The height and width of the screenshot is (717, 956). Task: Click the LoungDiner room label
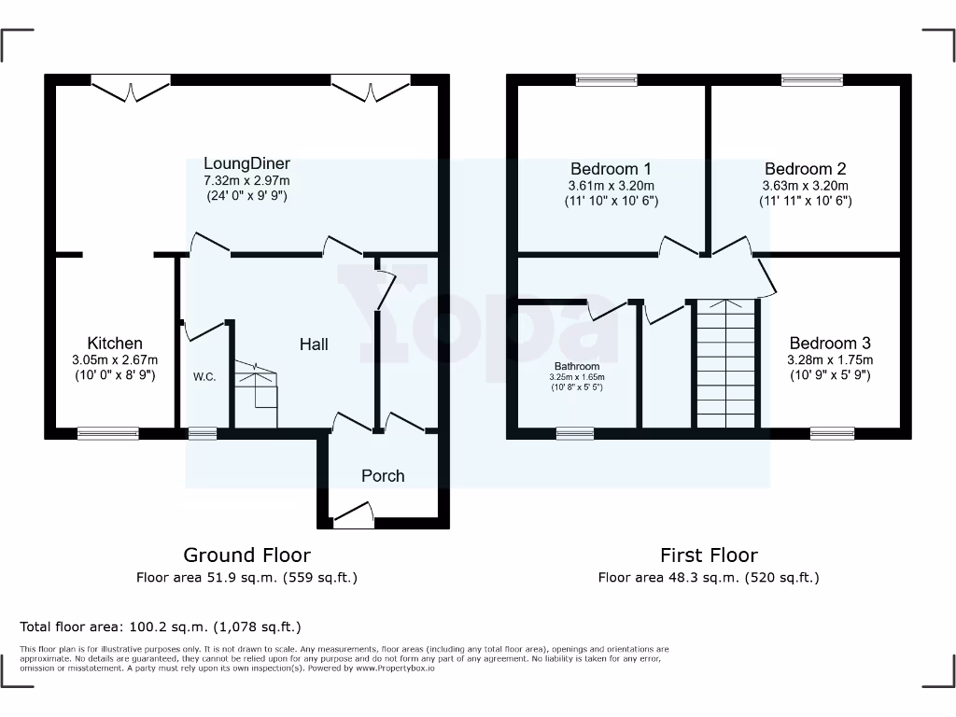tap(246, 163)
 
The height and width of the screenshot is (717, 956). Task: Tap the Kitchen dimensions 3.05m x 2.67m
tap(115, 359)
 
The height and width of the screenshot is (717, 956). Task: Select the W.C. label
tap(204, 377)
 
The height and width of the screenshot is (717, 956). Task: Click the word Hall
tap(314, 344)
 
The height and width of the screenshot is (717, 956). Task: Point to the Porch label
tap(383, 476)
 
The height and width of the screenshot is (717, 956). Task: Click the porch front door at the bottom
tap(353, 515)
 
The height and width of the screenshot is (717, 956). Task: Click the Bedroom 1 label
tap(611, 169)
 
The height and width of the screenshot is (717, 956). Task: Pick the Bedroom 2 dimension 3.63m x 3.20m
tap(805, 185)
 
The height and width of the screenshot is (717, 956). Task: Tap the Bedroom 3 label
tap(830, 343)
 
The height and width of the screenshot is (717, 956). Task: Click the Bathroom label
tap(576, 366)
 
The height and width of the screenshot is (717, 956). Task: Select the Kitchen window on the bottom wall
tap(107, 433)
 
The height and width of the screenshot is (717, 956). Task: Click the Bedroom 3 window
tap(831, 433)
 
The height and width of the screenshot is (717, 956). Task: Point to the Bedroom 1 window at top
tap(606, 80)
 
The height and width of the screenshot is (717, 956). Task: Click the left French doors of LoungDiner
tap(131, 89)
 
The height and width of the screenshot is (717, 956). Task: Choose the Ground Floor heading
tap(246, 555)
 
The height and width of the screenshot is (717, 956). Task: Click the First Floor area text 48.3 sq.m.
tap(709, 578)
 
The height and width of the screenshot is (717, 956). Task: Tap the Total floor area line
tap(161, 626)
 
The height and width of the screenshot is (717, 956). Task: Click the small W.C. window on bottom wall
tap(202, 433)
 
